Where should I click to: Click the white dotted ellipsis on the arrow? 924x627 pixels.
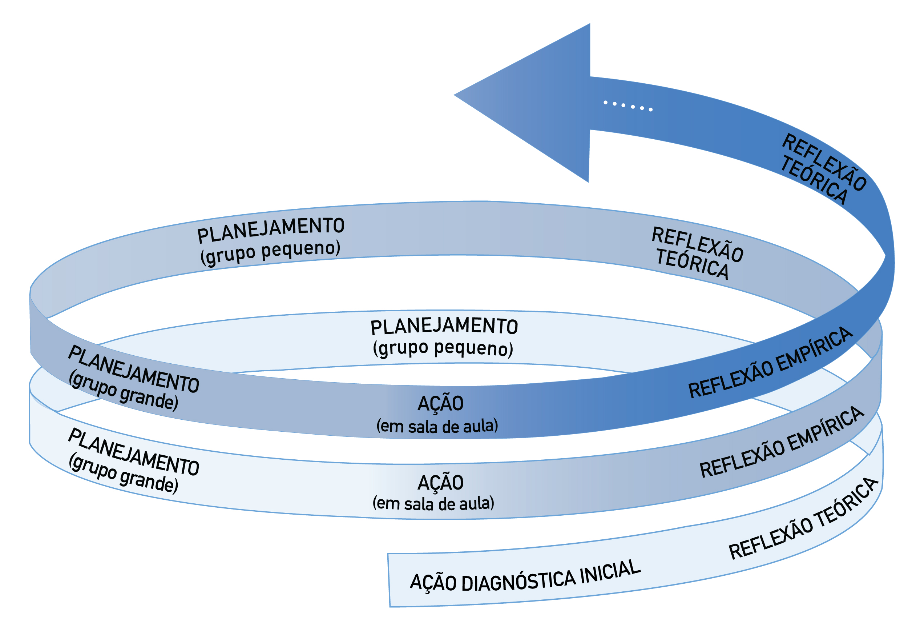click(x=628, y=106)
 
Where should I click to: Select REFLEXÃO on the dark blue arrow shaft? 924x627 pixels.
click(x=824, y=161)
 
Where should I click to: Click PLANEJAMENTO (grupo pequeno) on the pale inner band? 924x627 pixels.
click(x=443, y=336)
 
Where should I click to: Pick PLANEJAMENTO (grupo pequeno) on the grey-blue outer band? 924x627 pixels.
click(x=270, y=240)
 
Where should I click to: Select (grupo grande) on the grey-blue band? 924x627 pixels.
click(x=123, y=391)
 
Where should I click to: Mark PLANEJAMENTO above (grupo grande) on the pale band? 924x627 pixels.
click(x=134, y=452)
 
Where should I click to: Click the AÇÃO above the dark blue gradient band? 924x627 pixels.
click(x=440, y=403)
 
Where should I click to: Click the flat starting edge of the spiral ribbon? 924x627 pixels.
click(x=389, y=580)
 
